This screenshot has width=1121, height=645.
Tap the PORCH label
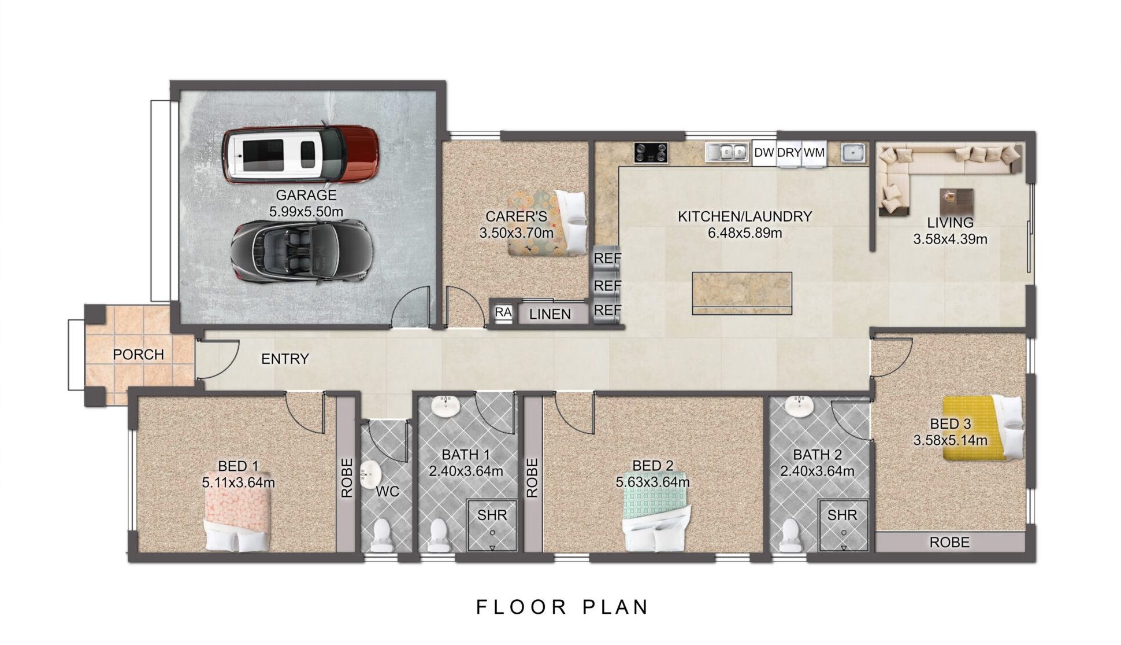(x=138, y=354)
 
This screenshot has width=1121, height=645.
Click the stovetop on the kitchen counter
(x=651, y=153)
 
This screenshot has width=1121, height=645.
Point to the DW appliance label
(x=764, y=153)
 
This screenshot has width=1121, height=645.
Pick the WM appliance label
(x=814, y=153)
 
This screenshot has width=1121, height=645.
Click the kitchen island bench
(x=742, y=293)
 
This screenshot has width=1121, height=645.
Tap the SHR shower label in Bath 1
(x=492, y=515)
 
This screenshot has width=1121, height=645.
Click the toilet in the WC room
(x=381, y=535)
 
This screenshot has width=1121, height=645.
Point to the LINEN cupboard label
(x=550, y=314)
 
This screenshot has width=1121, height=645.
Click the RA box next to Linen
(x=503, y=312)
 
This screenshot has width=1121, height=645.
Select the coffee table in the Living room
(x=956, y=201)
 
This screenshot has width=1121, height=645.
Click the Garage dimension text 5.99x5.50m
(x=306, y=212)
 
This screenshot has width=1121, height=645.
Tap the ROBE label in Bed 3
(x=949, y=542)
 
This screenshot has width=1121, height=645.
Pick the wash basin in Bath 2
(x=800, y=406)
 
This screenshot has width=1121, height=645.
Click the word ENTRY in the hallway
(x=285, y=359)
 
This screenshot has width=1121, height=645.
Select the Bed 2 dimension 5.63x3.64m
(x=653, y=482)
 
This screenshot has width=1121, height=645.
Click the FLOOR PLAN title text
(x=563, y=607)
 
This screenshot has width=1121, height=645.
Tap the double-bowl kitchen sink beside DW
(x=727, y=152)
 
